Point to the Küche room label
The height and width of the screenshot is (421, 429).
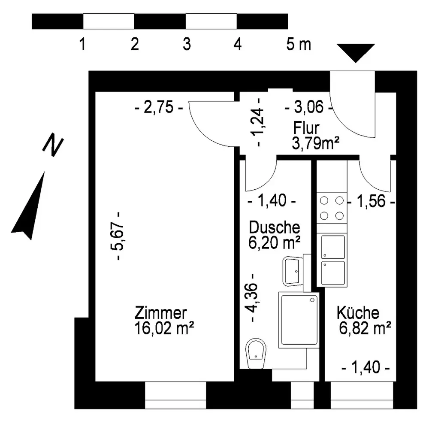(x=358, y=313)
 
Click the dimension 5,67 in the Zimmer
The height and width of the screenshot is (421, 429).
(x=120, y=236)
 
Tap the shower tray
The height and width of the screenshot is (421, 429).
(x=299, y=320)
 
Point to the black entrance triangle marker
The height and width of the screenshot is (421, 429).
(x=356, y=52)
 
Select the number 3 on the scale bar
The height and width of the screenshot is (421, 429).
(x=186, y=44)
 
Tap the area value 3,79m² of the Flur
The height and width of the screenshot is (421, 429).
(x=313, y=143)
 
